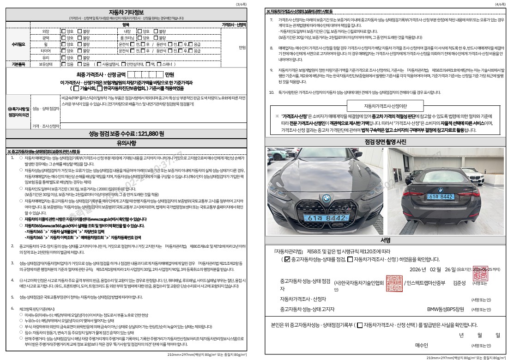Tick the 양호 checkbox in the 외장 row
click(63, 31)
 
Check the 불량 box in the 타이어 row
click(79, 50)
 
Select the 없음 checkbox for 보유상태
click(79, 64)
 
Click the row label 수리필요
click(18, 44)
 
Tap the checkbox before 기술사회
click(76, 88)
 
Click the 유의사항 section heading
click(126, 144)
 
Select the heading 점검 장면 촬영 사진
click(386, 141)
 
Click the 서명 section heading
click(386, 240)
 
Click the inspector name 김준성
click(460, 283)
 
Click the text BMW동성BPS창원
click(445, 309)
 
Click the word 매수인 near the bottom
click(422, 345)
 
